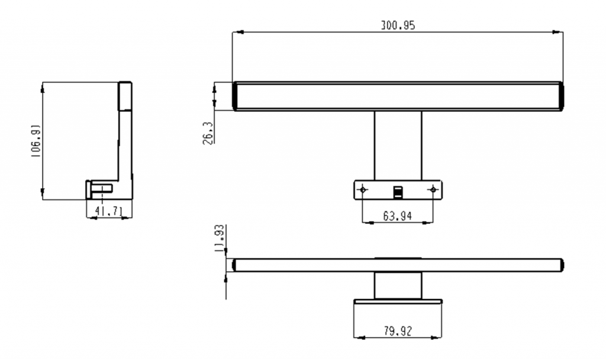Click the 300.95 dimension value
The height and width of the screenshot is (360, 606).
[397, 25]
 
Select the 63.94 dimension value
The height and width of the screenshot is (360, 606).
[397, 216]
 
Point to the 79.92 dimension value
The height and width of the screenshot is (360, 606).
[397, 330]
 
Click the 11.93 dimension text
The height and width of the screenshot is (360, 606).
[218, 238]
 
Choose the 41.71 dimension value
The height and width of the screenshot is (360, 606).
[109, 210]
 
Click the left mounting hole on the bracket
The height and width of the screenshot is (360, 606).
[363, 189]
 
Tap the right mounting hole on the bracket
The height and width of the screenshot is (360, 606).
[433, 189]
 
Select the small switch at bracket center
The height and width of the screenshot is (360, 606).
[398, 191]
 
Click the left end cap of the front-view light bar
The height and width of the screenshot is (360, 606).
[235, 97]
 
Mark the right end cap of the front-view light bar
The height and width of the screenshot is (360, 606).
[560, 97]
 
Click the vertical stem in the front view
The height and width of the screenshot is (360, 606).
[398, 145]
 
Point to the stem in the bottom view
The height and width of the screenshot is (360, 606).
[398, 285]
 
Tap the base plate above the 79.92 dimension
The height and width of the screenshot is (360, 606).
[398, 301]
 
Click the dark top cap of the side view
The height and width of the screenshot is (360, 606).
[125, 96]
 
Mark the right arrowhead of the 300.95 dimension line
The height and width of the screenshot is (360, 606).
[559, 32]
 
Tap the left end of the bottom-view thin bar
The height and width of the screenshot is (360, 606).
[235, 265]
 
